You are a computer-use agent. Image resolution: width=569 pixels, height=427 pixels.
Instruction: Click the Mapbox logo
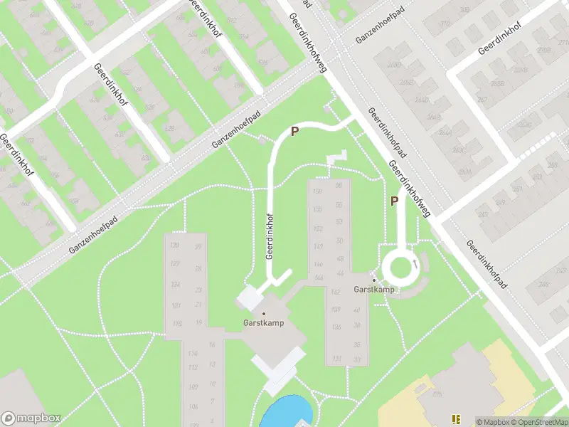point(31,418)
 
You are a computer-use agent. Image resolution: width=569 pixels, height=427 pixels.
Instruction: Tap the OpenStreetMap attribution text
point(539,422)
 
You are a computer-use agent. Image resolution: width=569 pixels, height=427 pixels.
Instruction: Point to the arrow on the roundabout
point(414,266)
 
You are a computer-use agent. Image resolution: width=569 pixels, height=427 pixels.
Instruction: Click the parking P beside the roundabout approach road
point(394,201)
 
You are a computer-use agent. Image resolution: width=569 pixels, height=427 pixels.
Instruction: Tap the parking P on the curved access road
point(294,131)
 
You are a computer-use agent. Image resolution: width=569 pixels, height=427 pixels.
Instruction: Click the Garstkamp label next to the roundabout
point(374,290)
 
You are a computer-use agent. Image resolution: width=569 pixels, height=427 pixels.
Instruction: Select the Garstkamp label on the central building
point(264,322)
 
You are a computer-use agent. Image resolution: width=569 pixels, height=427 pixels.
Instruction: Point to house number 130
point(174,246)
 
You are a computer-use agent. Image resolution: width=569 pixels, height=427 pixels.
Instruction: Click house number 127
point(174,264)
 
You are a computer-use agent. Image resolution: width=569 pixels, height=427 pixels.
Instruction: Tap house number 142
point(317,292)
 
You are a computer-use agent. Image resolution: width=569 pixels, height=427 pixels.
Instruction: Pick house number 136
point(317,327)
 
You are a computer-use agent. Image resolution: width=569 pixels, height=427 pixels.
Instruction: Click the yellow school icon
point(456,419)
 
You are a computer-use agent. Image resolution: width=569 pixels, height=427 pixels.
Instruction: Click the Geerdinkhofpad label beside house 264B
point(387,133)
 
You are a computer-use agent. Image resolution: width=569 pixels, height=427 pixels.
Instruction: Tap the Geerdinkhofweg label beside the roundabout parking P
point(411,189)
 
